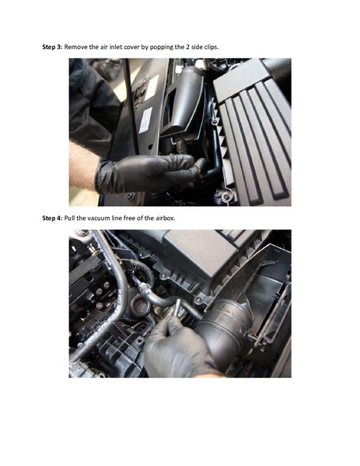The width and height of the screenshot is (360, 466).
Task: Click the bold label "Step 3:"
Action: pyautogui.click(x=52, y=47)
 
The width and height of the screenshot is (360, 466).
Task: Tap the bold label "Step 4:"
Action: pyautogui.click(x=52, y=218)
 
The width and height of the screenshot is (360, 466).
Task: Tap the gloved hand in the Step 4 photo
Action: pyautogui.click(x=175, y=350)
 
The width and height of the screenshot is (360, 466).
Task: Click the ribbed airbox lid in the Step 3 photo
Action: pyautogui.click(x=253, y=132)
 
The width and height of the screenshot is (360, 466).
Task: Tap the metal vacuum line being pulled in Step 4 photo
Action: pyautogui.click(x=159, y=299)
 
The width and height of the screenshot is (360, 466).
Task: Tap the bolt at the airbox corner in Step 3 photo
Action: pyautogui.click(x=226, y=197)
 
